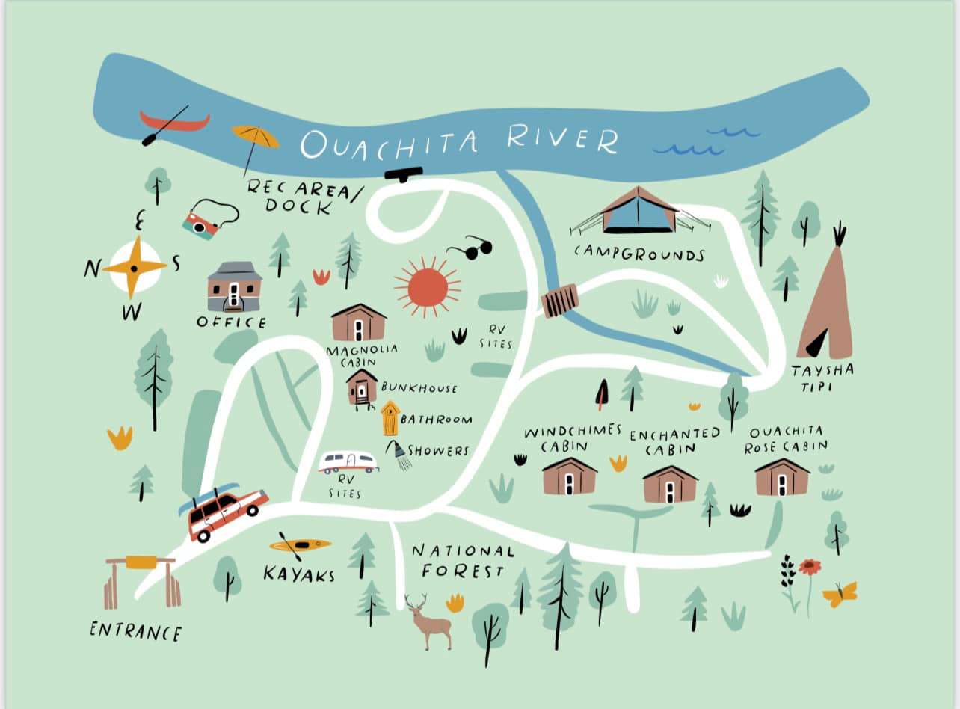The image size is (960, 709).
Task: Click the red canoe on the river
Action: pos(176,121)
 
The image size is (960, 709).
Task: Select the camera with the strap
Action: pos(200,224)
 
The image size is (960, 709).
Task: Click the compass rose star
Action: pos(135,266)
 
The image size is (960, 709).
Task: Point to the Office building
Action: pos(234,286)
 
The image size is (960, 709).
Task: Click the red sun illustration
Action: pos(427,286)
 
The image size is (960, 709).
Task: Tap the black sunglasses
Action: pos(470,249)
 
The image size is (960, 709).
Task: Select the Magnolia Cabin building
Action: pos(359,322)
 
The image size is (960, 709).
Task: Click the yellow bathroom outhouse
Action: pos(390,419)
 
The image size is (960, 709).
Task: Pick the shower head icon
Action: pos(399,452)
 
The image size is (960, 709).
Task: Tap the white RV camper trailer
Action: pos(348,462)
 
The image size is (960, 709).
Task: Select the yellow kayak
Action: pos(301,544)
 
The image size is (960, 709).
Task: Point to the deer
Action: pos(429,622)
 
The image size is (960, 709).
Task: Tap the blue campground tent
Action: pos(639,210)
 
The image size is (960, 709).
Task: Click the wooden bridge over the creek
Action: pos(559,301)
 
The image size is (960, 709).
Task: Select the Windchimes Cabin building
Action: pos(569,476)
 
